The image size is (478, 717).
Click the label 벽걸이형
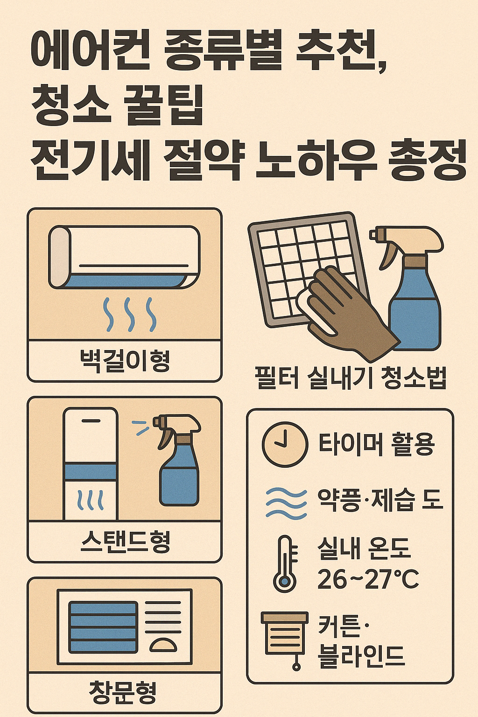point(125,361)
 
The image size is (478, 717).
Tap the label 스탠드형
point(125,542)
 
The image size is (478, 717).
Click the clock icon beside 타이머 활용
point(285,444)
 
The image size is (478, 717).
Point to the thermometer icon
point(284,563)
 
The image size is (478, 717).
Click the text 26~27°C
point(368,579)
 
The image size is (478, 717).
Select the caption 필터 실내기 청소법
point(351,378)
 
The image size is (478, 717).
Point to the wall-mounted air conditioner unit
point(124,257)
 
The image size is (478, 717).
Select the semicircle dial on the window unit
point(163,645)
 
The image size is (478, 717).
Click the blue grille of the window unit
point(103,627)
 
